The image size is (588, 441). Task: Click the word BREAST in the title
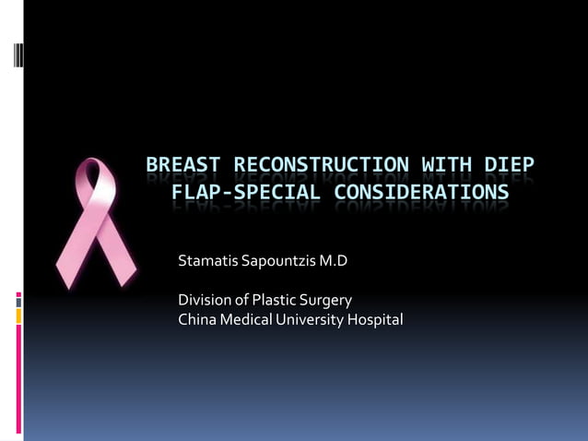(183, 167)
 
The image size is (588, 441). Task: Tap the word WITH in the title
(446, 167)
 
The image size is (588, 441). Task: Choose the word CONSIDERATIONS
(420, 193)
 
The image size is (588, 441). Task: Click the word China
(195, 320)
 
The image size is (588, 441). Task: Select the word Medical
(242, 320)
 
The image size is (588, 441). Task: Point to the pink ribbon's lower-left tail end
(66, 273)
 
